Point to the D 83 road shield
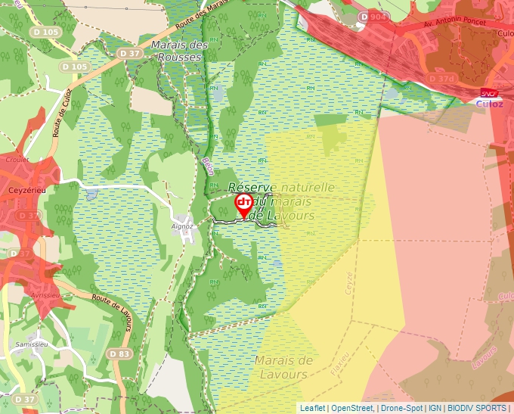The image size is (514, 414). coord(118,353)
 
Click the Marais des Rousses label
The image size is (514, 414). coord(179,51)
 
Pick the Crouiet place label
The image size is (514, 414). coord(17,160)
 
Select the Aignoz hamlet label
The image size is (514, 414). coord(182,226)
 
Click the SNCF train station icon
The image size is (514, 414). coord(489,93)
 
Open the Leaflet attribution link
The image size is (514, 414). coord(312,408)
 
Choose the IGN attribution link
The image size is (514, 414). coord(436,408)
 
